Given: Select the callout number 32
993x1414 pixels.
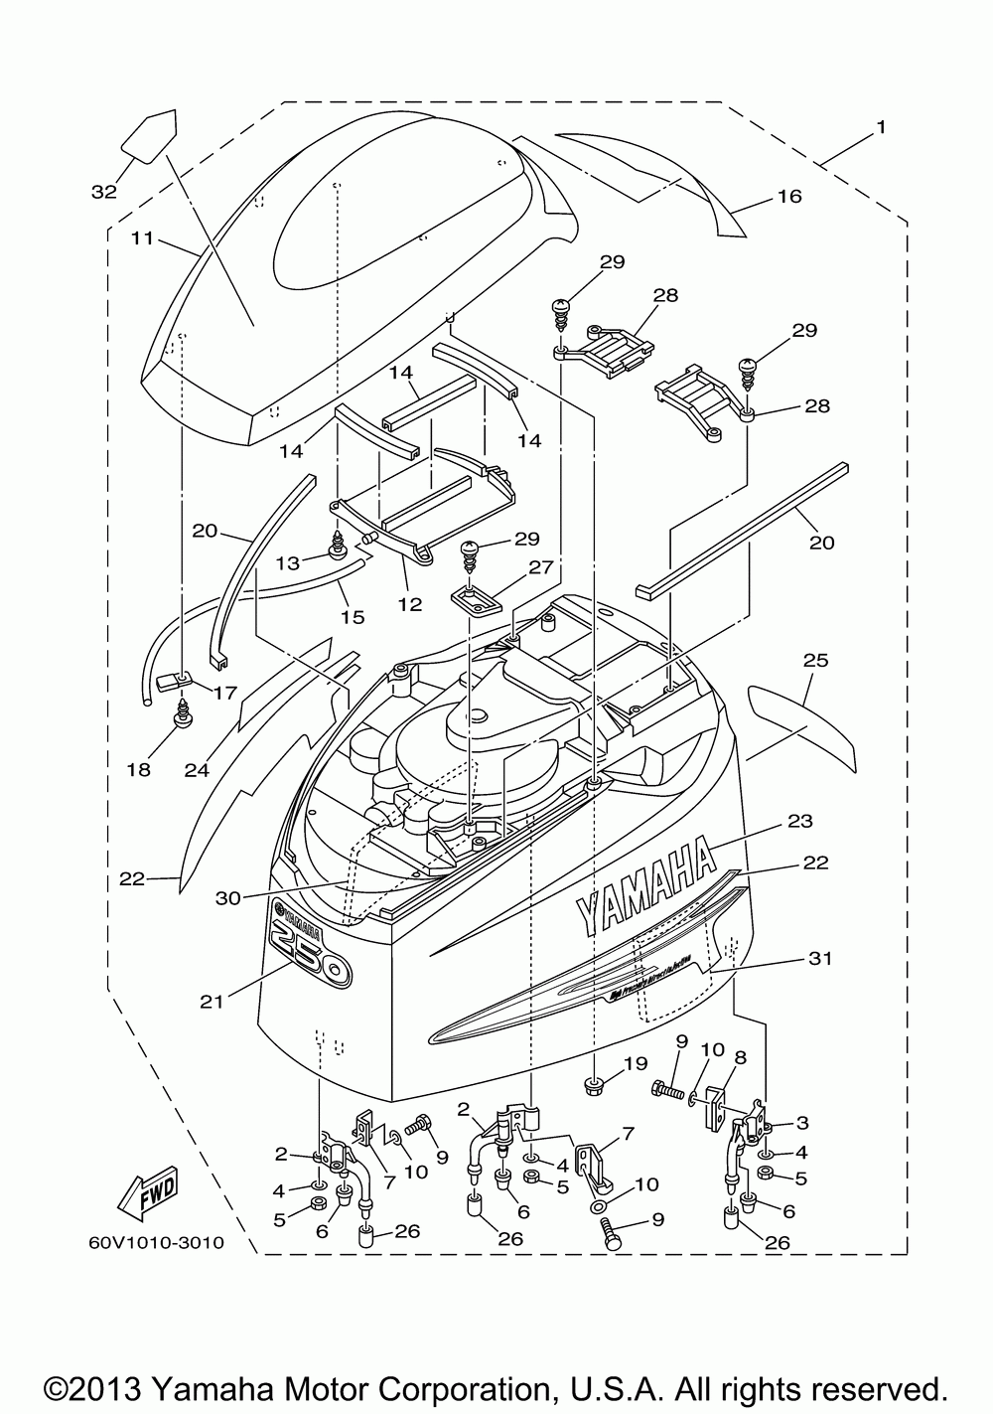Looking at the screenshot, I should pyautogui.click(x=103, y=192).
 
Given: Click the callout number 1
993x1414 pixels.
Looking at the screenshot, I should pyautogui.click(x=881, y=127).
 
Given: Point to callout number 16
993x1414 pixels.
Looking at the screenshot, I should pyautogui.click(x=789, y=197).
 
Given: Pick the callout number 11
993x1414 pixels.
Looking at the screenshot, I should pyautogui.click(x=142, y=238).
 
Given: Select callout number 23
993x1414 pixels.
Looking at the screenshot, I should pyautogui.click(x=800, y=821).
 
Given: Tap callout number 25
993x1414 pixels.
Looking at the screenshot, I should pyautogui.click(x=816, y=660).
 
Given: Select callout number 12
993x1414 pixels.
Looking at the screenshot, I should pyautogui.click(x=409, y=602).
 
